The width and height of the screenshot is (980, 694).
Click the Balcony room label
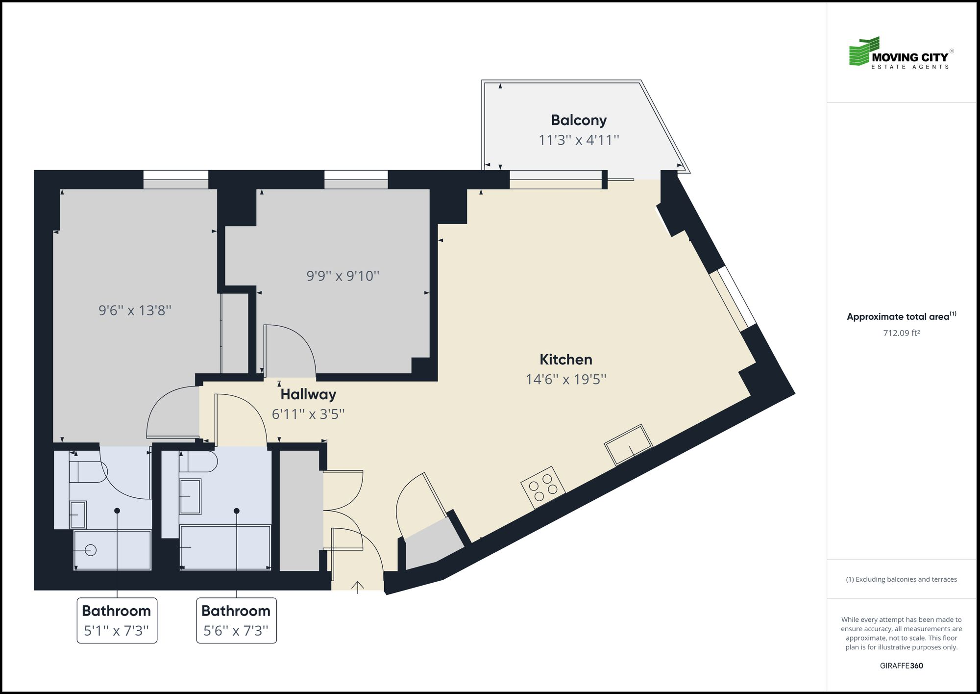[579, 120]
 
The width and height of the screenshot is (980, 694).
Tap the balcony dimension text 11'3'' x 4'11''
[579, 140]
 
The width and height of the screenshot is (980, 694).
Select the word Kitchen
[565, 360]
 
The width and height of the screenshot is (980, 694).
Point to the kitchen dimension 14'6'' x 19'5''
[565, 380]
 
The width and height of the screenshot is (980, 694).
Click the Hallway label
[308, 394]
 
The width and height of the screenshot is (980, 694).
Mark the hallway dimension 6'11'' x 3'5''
[308, 414]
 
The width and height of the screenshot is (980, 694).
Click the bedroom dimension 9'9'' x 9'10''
[343, 276]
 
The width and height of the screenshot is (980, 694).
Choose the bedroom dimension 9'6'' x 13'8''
[135, 310]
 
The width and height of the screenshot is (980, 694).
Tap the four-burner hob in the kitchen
[543, 487]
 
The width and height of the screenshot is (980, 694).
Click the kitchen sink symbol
[628, 445]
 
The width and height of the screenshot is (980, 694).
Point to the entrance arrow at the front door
[358, 587]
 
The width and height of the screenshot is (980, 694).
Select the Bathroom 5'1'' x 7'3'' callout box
[117, 620]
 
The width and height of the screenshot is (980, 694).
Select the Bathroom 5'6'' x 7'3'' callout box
[236, 620]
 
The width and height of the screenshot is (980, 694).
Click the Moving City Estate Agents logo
[901, 53]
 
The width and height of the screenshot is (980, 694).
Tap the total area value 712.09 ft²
[901, 333]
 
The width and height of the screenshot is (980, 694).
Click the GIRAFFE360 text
[901, 666]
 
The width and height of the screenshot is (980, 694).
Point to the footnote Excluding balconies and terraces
[901, 579]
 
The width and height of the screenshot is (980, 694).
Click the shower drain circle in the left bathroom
[91, 550]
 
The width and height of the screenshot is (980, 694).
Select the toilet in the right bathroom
[198, 462]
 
